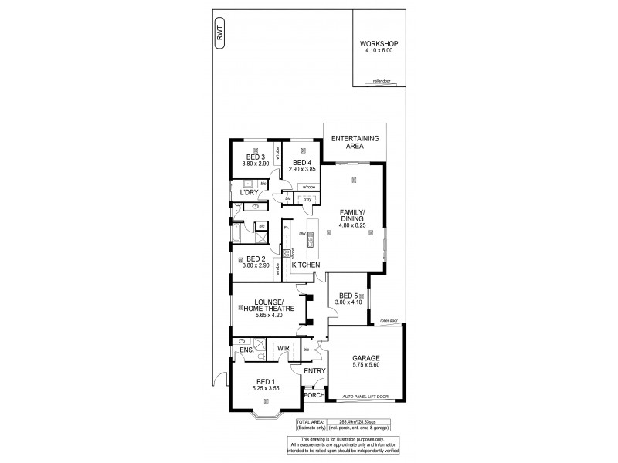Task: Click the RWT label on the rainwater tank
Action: tap(221, 33)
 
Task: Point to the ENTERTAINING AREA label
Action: tap(355, 141)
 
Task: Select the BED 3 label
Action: tap(254, 157)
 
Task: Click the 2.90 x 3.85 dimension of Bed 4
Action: tap(303, 169)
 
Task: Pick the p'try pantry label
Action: tap(307, 200)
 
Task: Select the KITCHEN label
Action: tap(306, 265)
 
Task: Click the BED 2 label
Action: tap(254, 259)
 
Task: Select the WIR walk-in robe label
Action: tap(284, 349)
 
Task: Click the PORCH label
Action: tap(314, 396)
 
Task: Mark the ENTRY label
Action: tap(314, 371)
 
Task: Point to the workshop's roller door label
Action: tap(379, 79)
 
